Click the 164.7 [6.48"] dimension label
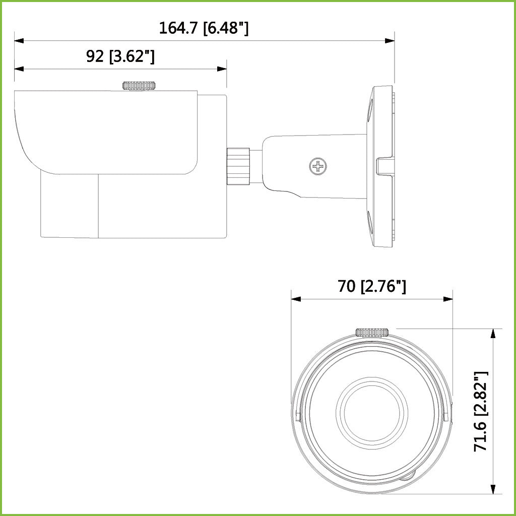(x=204, y=28)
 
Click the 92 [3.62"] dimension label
(x=120, y=56)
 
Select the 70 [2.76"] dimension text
(x=372, y=286)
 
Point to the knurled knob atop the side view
(x=138, y=85)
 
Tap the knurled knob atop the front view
(x=372, y=332)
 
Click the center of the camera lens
(x=372, y=408)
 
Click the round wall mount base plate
(x=383, y=166)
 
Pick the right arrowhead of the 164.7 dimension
(x=390, y=40)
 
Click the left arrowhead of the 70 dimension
(x=296, y=299)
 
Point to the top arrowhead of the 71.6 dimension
(x=492, y=333)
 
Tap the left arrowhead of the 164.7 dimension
(x=19, y=40)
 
